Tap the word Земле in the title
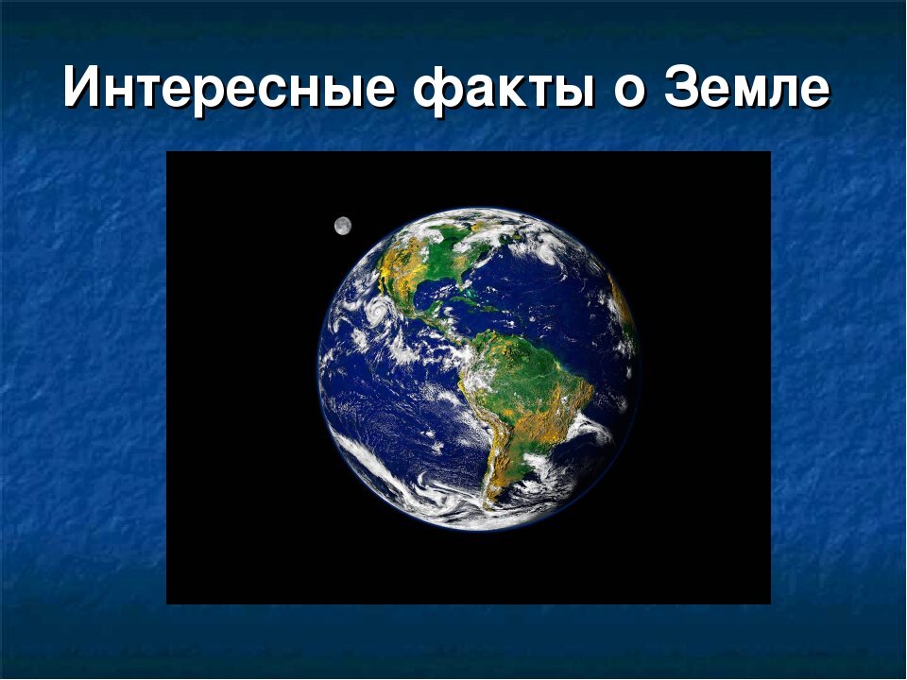tap(747, 91)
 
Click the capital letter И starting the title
tap(83, 91)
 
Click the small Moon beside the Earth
tap(343, 225)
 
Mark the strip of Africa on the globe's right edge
tap(625, 312)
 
